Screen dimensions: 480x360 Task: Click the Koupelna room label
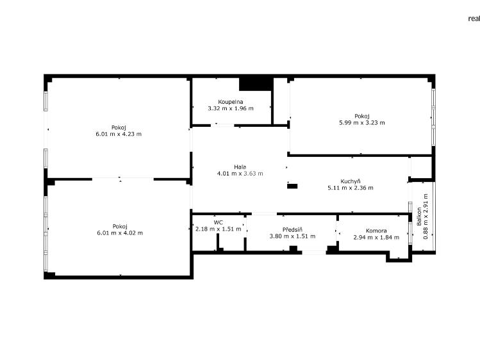click(231, 102)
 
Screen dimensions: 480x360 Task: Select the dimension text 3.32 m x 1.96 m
click(231, 108)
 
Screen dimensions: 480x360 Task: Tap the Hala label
click(240, 167)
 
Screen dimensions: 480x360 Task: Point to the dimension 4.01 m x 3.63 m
click(240, 174)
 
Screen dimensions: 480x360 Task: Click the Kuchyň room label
click(351, 181)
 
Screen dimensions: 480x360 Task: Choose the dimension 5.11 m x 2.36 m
click(351, 188)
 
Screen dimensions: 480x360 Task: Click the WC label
click(219, 222)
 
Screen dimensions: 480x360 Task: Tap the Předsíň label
click(292, 229)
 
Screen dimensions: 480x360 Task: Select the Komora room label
click(376, 231)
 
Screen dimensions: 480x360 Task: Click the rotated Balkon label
click(418, 217)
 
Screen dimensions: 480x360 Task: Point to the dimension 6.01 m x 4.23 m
click(119, 134)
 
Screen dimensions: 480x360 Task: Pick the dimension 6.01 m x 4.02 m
click(120, 233)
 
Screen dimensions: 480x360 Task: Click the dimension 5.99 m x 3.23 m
click(362, 122)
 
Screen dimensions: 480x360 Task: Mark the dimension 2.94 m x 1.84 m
click(376, 238)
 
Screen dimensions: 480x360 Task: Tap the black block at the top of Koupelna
click(256, 84)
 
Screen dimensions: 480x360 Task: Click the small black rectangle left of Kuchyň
click(292, 186)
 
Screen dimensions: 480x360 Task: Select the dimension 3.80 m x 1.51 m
click(292, 236)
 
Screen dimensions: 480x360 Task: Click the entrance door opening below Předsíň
click(314, 252)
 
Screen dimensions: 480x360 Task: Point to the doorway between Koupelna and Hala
click(222, 125)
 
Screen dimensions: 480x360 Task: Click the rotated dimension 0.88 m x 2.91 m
click(426, 217)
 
